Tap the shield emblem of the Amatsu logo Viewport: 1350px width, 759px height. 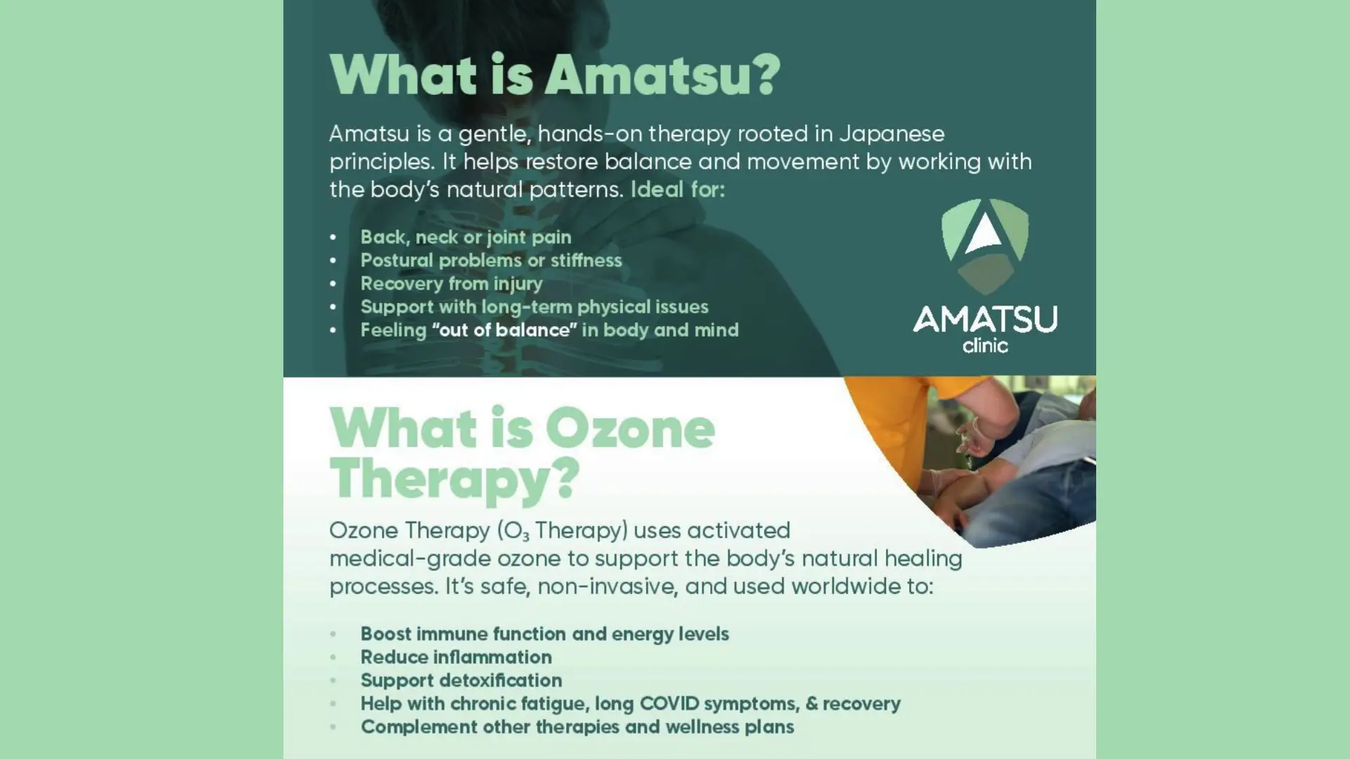(x=984, y=246)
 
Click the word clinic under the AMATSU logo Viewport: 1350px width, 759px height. (x=984, y=345)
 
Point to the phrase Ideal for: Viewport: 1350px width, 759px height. (x=677, y=190)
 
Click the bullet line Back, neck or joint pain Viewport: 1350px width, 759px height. (x=465, y=238)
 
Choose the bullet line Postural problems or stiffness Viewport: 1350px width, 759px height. (x=491, y=261)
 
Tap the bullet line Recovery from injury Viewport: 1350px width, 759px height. (x=451, y=284)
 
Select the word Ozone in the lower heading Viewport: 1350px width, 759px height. (x=630, y=429)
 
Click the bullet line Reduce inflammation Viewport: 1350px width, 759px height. (x=456, y=657)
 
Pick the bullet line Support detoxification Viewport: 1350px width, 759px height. (x=461, y=680)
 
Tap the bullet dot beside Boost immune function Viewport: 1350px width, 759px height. (x=333, y=634)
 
